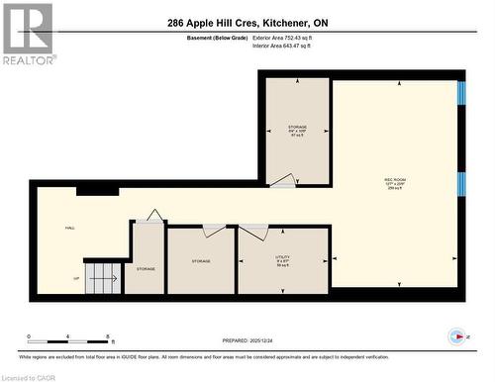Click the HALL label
pyautogui.click(x=70, y=228)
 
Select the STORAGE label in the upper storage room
pyautogui.click(x=297, y=129)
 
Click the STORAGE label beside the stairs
pyautogui.click(x=146, y=268)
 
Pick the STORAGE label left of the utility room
pyautogui.click(x=202, y=261)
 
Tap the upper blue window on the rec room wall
pyautogui.click(x=461, y=92)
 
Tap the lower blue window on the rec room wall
pyautogui.click(x=461, y=184)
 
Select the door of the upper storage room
pyautogui.click(x=283, y=180)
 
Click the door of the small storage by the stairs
pyautogui.click(x=152, y=215)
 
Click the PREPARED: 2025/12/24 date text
pyautogui.click(x=247, y=339)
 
